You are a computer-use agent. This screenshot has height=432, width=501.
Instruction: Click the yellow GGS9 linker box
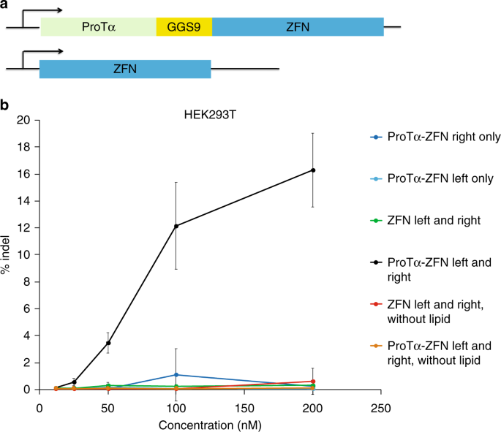point(184,26)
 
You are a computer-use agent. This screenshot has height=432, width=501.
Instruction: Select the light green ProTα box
point(99,26)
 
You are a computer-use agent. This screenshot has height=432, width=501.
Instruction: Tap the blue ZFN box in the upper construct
point(298,26)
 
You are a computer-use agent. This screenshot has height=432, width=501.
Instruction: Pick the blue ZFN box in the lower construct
point(125,69)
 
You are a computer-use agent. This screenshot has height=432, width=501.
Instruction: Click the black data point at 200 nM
point(313,170)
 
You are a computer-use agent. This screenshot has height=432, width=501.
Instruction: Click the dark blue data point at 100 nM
point(176,375)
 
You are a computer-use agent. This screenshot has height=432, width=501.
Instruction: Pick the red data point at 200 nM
point(313,382)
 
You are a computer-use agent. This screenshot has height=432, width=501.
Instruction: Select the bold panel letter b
point(5,105)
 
